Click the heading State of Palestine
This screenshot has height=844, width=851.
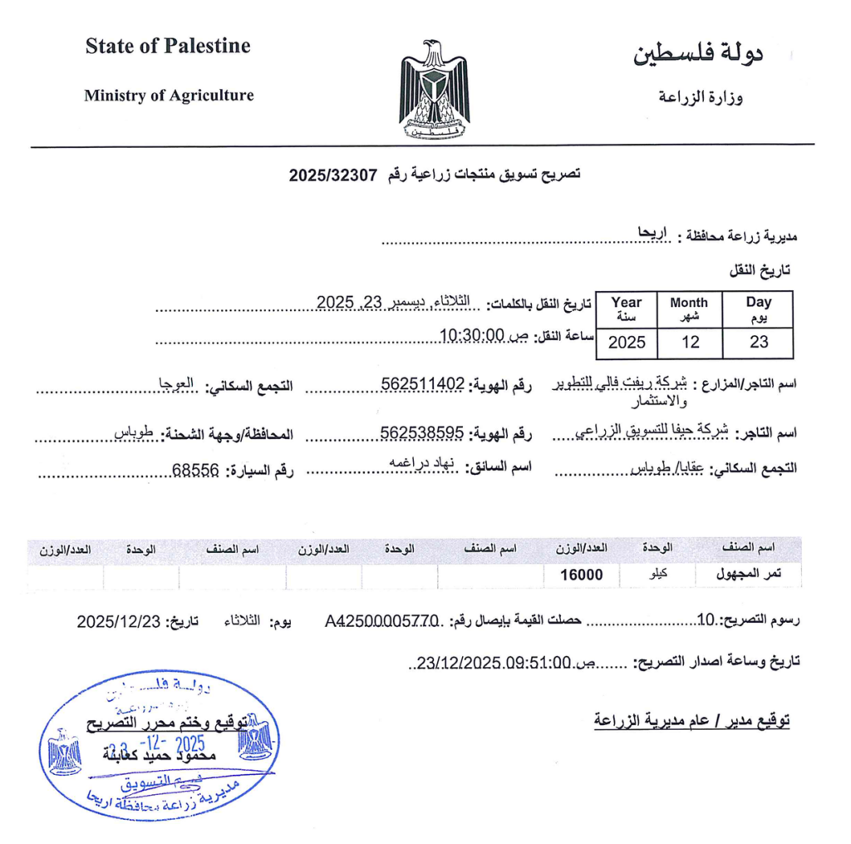(x=167, y=47)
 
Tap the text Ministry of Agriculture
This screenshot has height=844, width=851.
(x=169, y=96)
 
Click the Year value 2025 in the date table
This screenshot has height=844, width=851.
(x=627, y=342)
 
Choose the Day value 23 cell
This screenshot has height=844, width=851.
(x=758, y=342)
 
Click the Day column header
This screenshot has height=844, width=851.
(x=758, y=308)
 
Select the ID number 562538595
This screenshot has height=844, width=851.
(x=421, y=432)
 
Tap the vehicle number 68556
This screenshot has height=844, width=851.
(x=195, y=471)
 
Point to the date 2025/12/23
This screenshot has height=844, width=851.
(x=116, y=621)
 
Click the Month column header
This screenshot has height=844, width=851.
(x=689, y=308)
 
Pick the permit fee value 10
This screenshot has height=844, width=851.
(x=706, y=619)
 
